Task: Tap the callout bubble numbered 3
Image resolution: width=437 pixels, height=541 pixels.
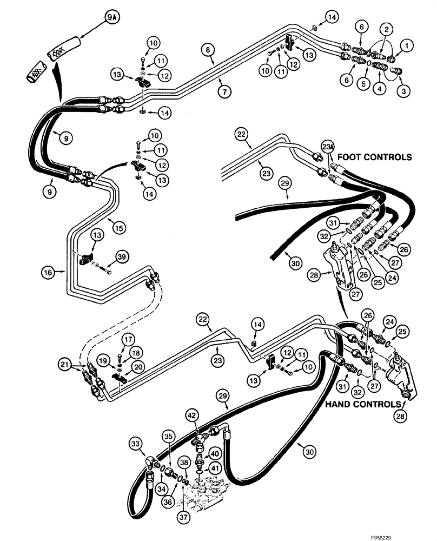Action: tap(402, 90)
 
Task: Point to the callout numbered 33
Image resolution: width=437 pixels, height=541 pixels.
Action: tap(134, 445)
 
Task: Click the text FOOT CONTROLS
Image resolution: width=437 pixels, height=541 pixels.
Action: tap(374, 157)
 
